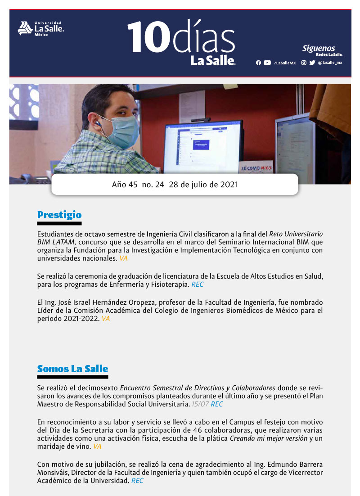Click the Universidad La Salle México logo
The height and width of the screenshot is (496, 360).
40,28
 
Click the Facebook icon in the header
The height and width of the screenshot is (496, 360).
258,63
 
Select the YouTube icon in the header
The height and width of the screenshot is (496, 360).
267,63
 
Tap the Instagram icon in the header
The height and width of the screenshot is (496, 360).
304,63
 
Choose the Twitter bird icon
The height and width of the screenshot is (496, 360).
312,63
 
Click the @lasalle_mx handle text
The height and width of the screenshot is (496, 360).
330,63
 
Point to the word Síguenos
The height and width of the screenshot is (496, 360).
319,48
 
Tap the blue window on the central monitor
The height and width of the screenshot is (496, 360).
201,144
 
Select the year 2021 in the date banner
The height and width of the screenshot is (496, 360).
229,185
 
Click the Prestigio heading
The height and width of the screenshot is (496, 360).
59,215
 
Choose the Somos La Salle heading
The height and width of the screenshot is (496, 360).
72,369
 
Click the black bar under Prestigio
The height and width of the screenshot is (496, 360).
59,223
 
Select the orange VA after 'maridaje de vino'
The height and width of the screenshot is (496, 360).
97,446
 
